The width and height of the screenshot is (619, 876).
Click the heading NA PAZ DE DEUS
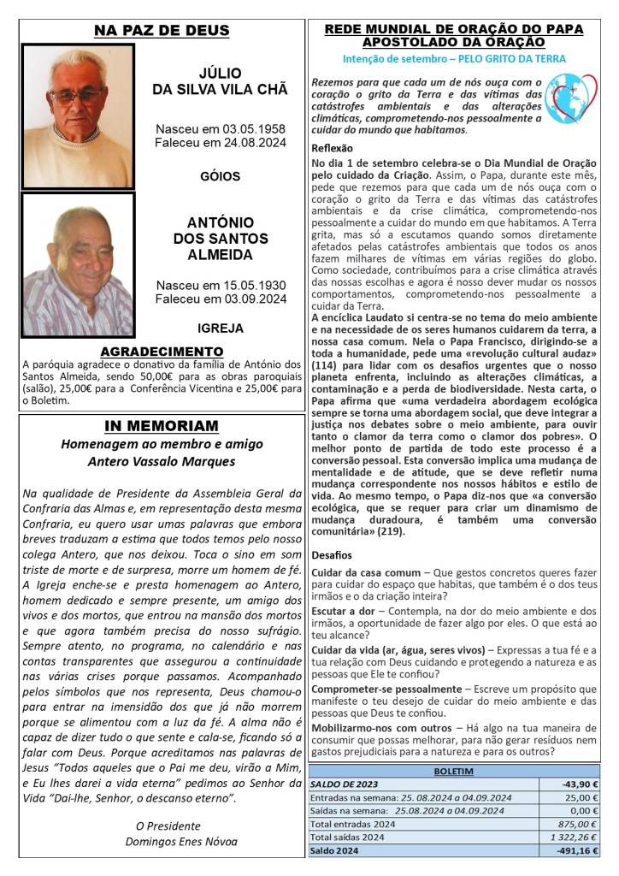tap(162, 32)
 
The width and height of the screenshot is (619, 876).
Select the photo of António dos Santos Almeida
tap(78, 264)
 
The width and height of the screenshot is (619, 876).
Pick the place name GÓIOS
tap(221, 177)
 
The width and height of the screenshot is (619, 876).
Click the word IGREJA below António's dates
tap(221, 328)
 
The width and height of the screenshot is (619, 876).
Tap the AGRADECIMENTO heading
tap(162, 352)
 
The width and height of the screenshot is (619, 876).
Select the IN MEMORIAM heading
tap(162, 426)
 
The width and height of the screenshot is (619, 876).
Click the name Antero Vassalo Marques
tap(162, 462)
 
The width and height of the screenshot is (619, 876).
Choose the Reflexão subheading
tap(333, 148)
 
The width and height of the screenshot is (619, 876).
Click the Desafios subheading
tap(332, 554)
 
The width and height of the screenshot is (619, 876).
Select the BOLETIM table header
tap(455, 771)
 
